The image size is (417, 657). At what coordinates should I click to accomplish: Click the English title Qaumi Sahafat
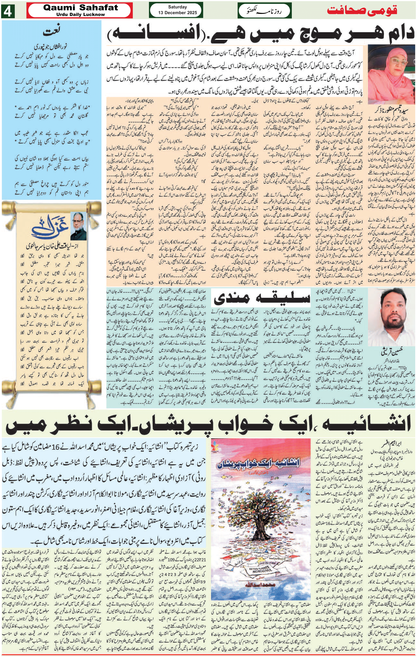81,7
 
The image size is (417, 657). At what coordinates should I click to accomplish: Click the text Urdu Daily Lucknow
81,14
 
